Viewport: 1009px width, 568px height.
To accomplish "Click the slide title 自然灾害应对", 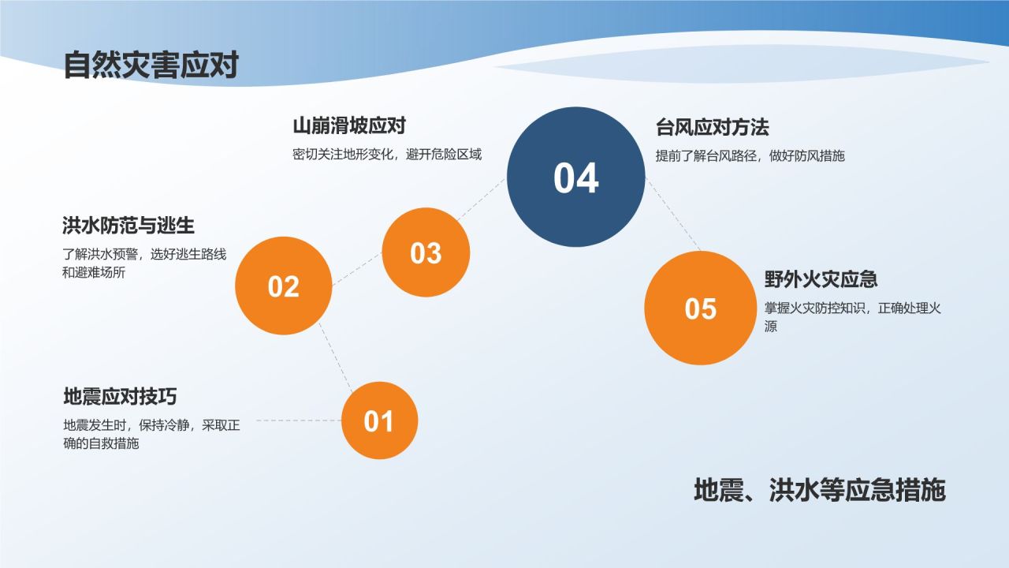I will point(151,65).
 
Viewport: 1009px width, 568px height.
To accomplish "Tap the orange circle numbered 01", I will point(378,420).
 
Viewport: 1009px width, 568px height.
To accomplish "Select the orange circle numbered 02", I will point(284,286).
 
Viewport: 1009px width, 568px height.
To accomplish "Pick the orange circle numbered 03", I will point(426,252).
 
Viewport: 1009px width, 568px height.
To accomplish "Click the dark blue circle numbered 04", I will point(575,177).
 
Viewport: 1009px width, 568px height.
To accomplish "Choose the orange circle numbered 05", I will point(700,308).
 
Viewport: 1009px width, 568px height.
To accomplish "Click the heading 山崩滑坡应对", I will point(348,126).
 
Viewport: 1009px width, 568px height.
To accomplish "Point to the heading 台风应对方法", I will point(712,127).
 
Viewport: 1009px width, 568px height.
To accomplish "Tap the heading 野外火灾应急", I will point(821,279).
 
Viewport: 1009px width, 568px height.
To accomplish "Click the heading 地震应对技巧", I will point(125,396).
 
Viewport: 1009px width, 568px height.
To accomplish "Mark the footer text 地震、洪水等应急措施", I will point(819,490).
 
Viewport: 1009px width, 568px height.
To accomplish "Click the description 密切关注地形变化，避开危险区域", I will point(386,155).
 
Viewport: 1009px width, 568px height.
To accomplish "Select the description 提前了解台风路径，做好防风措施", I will point(750,156).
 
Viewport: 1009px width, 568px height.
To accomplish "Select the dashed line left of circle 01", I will point(298,420).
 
